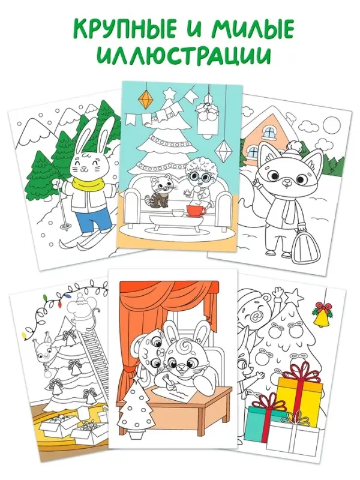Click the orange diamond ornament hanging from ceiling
145,99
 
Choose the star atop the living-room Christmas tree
169,92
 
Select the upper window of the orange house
269,132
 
